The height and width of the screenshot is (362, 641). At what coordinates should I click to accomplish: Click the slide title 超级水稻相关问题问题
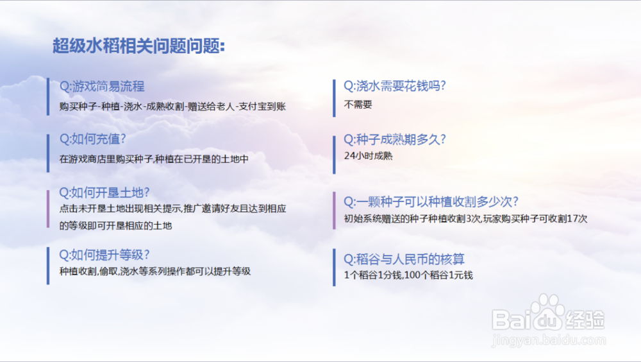click(x=138, y=46)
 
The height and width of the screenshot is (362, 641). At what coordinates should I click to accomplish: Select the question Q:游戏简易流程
click(x=102, y=87)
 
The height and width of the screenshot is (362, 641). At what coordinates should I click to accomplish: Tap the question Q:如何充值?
click(x=92, y=139)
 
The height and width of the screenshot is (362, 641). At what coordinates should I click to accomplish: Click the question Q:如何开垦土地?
click(x=104, y=193)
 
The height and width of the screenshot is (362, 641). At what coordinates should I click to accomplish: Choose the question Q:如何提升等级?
click(x=104, y=255)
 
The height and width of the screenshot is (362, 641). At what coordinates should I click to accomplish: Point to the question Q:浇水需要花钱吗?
click(x=394, y=86)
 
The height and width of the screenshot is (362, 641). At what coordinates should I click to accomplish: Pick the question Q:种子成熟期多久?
click(x=394, y=140)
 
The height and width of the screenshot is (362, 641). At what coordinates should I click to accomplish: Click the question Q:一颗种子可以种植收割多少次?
click(x=431, y=202)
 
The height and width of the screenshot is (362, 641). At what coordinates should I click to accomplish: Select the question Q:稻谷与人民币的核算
click(x=404, y=259)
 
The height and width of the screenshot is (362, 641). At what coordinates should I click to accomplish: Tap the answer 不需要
click(x=358, y=105)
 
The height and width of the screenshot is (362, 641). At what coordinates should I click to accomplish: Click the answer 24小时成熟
click(x=369, y=155)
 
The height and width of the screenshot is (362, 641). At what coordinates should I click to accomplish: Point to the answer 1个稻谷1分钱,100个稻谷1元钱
click(x=408, y=275)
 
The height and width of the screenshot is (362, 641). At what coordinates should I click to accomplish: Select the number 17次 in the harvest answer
click(x=578, y=219)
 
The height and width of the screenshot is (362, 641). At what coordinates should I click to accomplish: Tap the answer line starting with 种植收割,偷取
click(x=155, y=271)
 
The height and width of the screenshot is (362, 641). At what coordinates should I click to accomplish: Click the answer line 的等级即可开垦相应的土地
click(x=115, y=226)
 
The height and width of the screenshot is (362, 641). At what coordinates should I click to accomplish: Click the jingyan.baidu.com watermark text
click(x=549, y=340)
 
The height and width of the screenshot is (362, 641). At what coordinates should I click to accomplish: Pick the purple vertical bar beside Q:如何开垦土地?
click(x=48, y=209)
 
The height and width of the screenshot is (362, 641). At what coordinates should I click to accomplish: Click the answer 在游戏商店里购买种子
click(x=106, y=159)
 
